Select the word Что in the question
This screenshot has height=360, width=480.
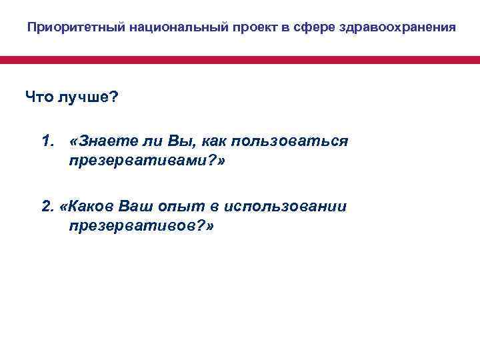39,98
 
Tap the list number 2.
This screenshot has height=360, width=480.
47,206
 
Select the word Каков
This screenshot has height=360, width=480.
91,206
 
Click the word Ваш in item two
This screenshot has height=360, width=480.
138,206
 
